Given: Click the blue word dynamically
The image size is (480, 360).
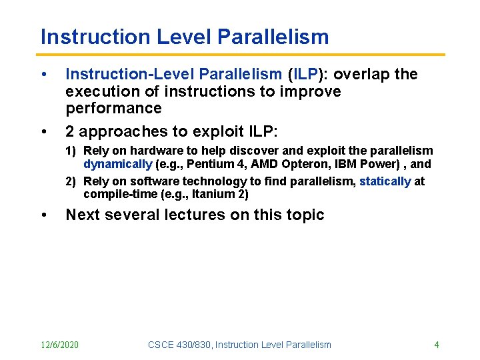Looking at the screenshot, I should [x=117, y=164].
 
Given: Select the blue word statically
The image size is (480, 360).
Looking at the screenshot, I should [x=385, y=181].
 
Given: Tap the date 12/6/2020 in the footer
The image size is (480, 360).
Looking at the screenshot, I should [x=59, y=345].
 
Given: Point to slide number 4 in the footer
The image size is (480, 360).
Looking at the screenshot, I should [x=436, y=345].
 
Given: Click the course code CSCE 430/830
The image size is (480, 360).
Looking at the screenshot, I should [x=177, y=345].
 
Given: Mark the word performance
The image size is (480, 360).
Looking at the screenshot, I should [x=113, y=108].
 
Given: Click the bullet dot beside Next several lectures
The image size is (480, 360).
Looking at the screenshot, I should [x=43, y=215].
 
